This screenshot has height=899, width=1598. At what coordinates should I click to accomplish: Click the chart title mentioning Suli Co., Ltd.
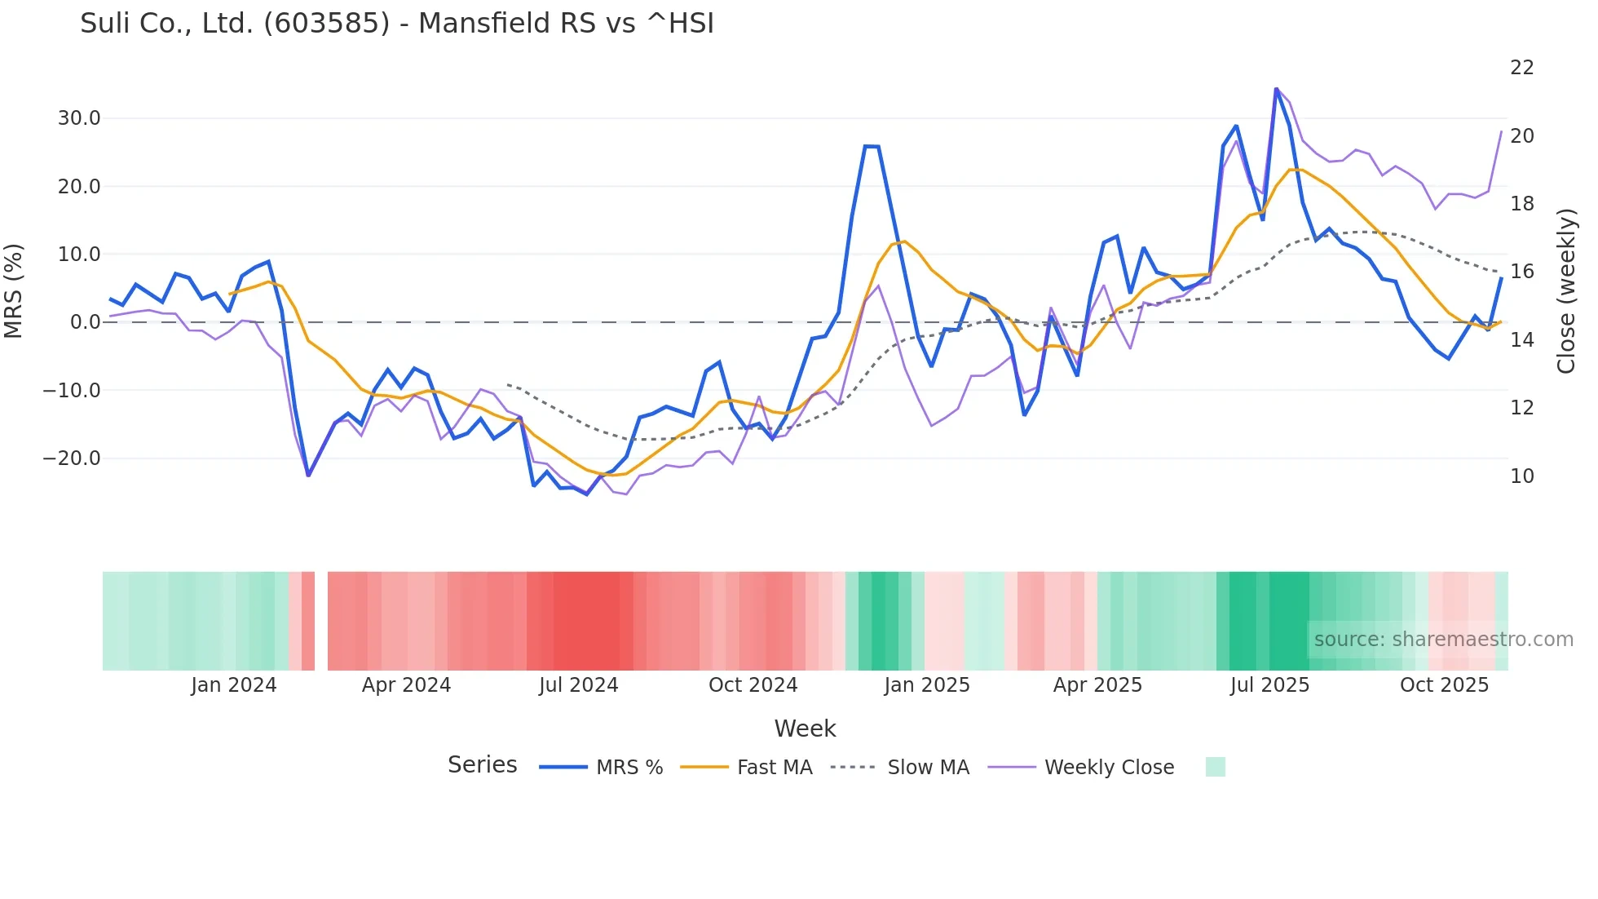(x=397, y=24)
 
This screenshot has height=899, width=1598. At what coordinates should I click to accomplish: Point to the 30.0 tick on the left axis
(x=79, y=118)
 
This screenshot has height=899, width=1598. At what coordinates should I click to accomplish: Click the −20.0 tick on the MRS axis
(x=72, y=458)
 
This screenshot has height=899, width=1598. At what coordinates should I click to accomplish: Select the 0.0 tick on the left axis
(x=85, y=322)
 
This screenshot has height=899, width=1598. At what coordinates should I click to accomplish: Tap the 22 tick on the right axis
(x=1522, y=68)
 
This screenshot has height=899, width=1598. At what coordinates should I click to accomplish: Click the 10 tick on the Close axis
(x=1522, y=476)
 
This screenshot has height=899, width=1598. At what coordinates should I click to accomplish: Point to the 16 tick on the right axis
(x=1522, y=272)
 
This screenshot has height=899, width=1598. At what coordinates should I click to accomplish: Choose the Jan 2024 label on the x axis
(x=234, y=685)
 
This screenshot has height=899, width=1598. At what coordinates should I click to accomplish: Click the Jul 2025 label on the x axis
(x=1269, y=685)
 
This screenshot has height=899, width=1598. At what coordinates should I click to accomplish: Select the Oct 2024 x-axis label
(x=753, y=685)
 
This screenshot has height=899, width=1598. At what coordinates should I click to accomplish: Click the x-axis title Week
(x=805, y=728)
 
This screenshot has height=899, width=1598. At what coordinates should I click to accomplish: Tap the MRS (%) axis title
(x=14, y=290)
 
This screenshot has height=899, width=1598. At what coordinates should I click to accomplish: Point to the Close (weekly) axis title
(x=1566, y=290)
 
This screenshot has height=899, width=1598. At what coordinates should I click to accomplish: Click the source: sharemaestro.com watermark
(x=1443, y=640)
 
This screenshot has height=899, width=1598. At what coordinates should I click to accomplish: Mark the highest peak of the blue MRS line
(x=1276, y=89)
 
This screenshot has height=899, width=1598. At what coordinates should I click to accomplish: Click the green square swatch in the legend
(x=1215, y=768)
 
